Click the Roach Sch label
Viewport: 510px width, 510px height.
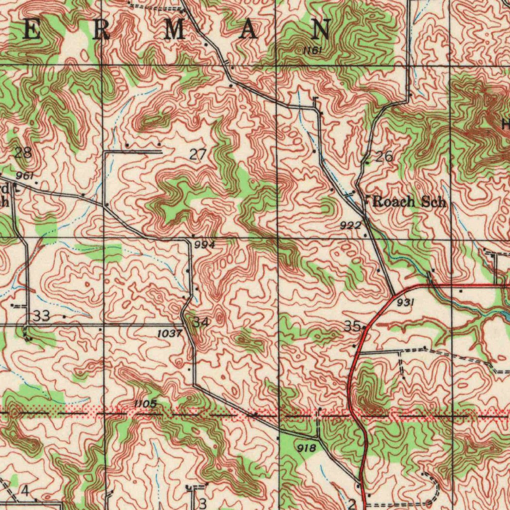pyautogui.click(x=409, y=202)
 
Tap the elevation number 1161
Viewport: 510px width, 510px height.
pyautogui.click(x=312, y=50)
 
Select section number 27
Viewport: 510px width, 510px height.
pyautogui.click(x=198, y=155)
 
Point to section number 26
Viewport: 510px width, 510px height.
pyautogui.click(x=384, y=157)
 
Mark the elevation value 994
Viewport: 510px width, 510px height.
pyautogui.click(x=204, y=245)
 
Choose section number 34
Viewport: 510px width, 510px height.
pyautogui.click(x=200, y=322)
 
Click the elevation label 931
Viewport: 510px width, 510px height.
pyautogui.click(x=406, y=303)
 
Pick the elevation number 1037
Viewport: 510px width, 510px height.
pyautogui.click(x=169, y=334)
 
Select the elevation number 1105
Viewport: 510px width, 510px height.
pyautogui.click(x=145, y=403)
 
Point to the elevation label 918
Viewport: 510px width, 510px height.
pyautogui.click(x=306, y=448)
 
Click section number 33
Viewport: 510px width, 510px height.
pyautogui.click(x=42, y=316)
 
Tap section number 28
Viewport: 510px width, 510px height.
pyautogui.click(x=23, y=153)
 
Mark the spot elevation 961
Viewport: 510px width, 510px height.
pyautogui.click(x=24, y=176)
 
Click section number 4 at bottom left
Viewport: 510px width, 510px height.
pyautogui.click(x=24, y=492)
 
